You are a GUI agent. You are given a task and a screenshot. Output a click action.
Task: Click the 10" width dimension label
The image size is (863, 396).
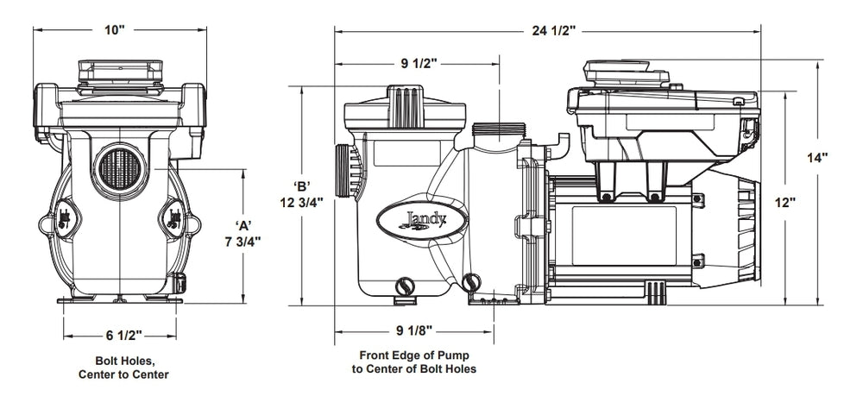(x=116, y=29)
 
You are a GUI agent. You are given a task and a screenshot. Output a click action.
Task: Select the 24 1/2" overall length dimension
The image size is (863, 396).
(x=554, y=31)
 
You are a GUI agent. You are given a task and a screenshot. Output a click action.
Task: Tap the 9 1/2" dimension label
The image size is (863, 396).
(x=419, y=64)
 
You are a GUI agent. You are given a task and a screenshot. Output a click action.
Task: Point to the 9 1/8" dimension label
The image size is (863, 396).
(x=414, y=330)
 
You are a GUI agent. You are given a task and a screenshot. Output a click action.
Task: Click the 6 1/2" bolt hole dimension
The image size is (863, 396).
(x=123, y=335)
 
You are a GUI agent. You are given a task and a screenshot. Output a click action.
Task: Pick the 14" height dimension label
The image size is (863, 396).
(x=816, y=158)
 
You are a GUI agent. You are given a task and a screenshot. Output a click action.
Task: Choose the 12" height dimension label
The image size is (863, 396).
(x=785, y=203)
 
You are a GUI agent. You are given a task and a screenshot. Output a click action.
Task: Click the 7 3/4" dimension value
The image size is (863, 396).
(x=243, y=241)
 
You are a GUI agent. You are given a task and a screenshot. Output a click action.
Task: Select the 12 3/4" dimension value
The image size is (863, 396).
(x=301, y=203)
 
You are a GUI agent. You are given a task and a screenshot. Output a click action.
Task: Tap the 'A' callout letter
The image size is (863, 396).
(x=243, y=224)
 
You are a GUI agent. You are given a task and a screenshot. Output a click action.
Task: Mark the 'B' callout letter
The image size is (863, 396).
(x=302, y=185)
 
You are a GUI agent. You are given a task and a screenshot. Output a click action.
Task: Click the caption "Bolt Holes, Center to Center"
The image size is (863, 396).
(x=123, y=368)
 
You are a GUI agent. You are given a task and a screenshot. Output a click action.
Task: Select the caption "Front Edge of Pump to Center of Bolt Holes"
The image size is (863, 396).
(x=414, y=362)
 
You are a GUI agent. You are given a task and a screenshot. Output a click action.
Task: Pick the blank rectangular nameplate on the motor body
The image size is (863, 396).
(x=624, y=236)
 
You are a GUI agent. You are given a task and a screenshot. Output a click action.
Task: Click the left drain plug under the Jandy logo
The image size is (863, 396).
(x=405, y=286)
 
